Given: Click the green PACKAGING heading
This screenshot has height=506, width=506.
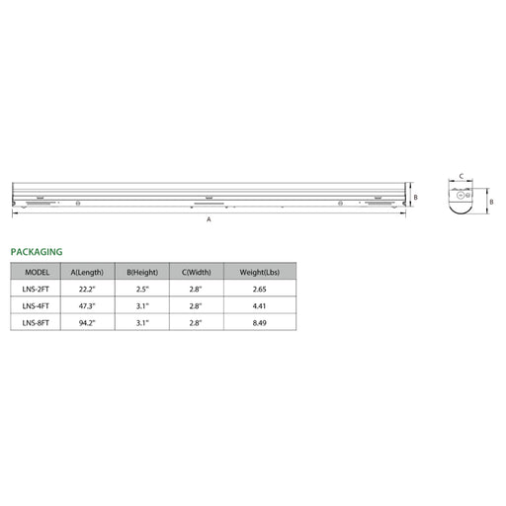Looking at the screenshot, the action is [x=37, y=252].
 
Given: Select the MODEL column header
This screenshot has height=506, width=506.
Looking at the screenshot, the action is [x=38, y=273].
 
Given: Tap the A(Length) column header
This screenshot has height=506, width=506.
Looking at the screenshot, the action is [x=87, y=273].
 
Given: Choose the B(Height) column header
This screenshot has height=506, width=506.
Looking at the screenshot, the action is [x=142, y=273].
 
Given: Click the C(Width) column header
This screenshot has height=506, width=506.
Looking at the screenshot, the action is [x=197, y=273].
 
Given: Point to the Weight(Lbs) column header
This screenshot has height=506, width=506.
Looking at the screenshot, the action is [x=260, y=273].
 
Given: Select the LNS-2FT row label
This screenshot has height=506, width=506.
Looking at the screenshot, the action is [x=36, y=290].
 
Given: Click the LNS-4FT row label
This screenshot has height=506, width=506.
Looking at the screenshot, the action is [x=36, y=306].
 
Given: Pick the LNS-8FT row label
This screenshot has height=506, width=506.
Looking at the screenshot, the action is [x=36, y=323].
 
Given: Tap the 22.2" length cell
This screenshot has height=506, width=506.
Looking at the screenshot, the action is [x=87, y=290].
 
